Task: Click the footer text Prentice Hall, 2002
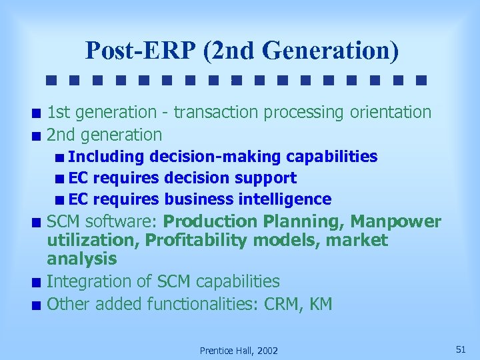click(x=239, y=351)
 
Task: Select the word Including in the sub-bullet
click(x=106, y=157)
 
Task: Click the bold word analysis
click(x=82, y=259)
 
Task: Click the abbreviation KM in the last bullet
click(x=320, y=305)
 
